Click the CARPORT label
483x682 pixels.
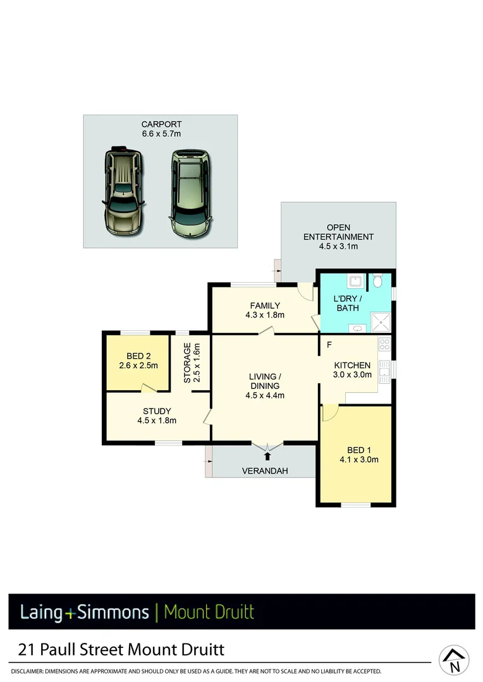pyautogui.click(x=161, y=124)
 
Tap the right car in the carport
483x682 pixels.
pyautogui.click(x=190, y=193)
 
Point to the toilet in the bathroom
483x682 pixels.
pyautogui.click(x=378, y=280)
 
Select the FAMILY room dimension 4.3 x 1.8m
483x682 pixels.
pyautogui.click(x=265, y=315)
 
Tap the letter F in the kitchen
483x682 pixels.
pyautogui.click(x=329, y=345)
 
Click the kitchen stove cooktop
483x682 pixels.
pyautogui.click(x=384, y=345)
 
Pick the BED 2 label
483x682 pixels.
pyautogui.click(x=137, y=356)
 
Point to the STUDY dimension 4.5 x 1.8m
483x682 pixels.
pyautogui.click(x=156, y=421)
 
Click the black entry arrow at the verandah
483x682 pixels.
pyautogui.click(x=267, y=455)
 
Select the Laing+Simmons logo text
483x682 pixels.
pyautogui.click(x=85, y=612)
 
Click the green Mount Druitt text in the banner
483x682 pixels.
pyautogui.click(x=209, y=612)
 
